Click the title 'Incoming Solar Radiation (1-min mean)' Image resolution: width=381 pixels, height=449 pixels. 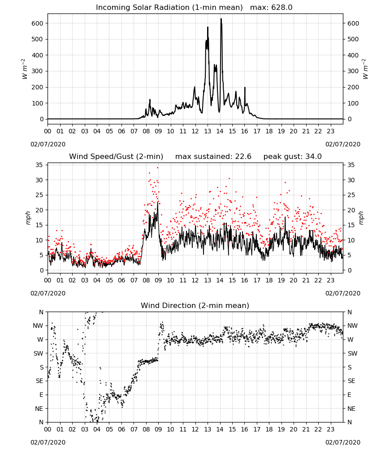point(169,8)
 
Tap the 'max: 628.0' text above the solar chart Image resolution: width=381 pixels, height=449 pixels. point(271,8)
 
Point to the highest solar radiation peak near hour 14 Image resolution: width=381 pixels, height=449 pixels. point(221,19)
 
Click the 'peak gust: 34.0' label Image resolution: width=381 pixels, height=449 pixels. point(292,157)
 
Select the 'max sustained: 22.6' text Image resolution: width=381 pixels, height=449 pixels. point(213,157)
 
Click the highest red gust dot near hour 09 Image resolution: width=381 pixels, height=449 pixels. point(157,168)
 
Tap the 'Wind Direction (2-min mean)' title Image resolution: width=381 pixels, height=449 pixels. point(195,305)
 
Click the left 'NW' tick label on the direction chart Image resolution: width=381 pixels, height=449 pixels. point(38,326)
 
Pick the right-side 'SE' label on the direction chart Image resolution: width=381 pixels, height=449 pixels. point(351,381)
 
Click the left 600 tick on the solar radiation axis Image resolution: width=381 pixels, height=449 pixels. point(38,23)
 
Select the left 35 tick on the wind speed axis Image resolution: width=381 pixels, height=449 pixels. point(39,165)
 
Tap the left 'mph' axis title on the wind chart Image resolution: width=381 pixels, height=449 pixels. point(28,218)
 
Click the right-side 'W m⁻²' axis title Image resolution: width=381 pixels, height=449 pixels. point(366,69)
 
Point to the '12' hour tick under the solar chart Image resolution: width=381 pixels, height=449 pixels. point(195,132)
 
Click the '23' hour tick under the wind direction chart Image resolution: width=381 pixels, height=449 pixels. point(331,430)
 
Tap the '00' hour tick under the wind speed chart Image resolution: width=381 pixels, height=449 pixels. point(48,280)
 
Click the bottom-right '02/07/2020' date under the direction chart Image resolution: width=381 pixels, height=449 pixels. point(343,442)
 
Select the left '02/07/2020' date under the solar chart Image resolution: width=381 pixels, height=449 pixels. point(48,144)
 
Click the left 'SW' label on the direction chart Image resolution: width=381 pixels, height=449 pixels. point(39,353)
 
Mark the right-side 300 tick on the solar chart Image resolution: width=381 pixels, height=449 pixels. point(353,71)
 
